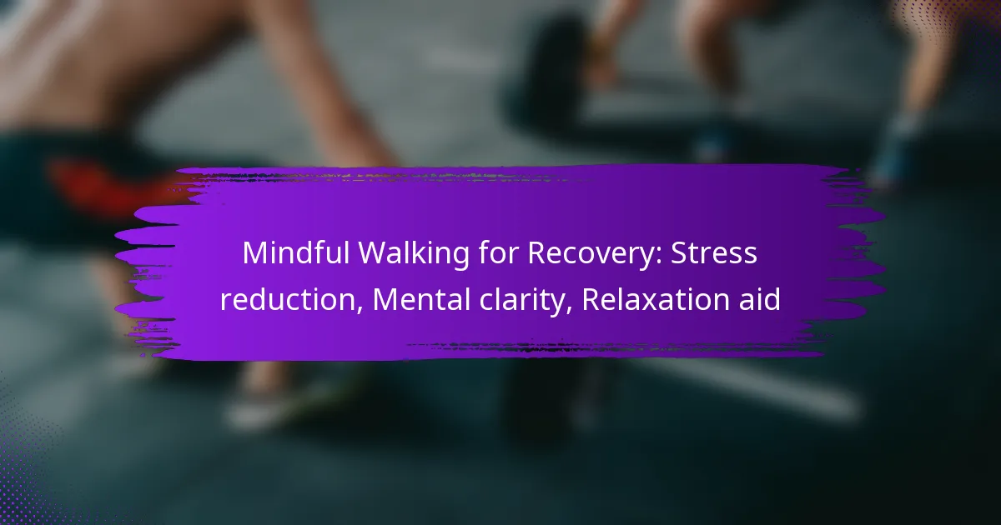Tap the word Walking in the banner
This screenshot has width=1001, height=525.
coord(414,254)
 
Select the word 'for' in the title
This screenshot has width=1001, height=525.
coord(498,253)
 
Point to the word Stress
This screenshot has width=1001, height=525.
coord(714,253)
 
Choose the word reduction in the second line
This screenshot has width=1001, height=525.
coord(289,299)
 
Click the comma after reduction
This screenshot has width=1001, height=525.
coord(360,310)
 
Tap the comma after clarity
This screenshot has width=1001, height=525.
coord(569,310)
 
